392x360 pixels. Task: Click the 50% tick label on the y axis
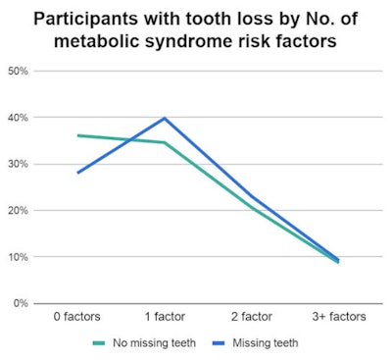[16, 72]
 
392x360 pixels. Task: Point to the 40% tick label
[16, 118]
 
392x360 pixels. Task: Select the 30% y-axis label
[16, 164]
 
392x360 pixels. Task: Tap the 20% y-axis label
[16, 211]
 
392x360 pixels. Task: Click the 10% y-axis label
[16, 257]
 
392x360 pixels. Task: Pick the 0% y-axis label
[19, 303]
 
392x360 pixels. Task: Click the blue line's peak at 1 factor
[164, 119]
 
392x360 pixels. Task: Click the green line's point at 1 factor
[164, 143]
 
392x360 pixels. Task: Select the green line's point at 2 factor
[251, 207]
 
